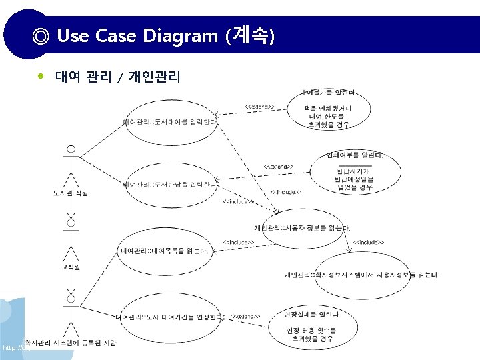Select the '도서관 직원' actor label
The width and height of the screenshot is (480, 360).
pyautogui.click(x=70, y=193)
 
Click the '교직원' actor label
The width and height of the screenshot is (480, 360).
pyautogui.click(x=70, y=267)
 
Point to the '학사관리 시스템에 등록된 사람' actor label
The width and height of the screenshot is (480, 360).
pyautogui.click(x=75, y=343)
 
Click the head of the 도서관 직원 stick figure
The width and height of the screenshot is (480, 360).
pyautogui.click(x=70, y=149)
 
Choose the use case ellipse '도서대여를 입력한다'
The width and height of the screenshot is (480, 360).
pyautogui.click(x=171, y=122)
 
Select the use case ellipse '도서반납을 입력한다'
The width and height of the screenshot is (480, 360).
pyautogui.click(x=171, y=184)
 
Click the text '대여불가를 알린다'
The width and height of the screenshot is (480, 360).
pyautogui.click(x=327, y=92)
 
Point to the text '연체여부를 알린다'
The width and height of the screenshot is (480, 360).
pyautogui.click(x=354, y=155)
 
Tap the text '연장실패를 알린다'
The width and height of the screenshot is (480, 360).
pyautogui.click(x=311, y=314)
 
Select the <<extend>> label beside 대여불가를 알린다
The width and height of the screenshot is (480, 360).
pyautogui.click(x=259, y=107)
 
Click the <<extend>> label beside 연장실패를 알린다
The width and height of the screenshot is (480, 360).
pyautogui.click(x=245, y=315)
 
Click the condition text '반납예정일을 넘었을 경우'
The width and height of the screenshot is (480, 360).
pyautogui.click(x=354, y=183)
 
